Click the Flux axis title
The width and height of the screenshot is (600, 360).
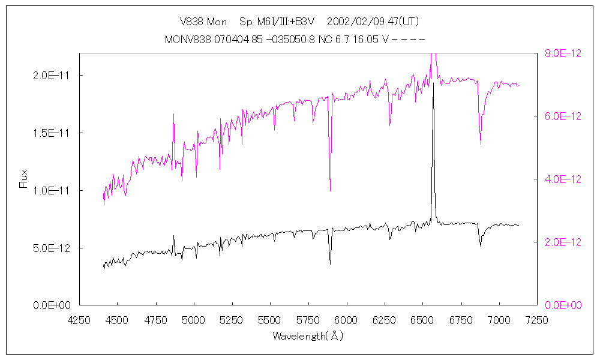pos(24,179)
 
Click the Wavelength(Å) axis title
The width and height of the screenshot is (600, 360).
pos(308,336)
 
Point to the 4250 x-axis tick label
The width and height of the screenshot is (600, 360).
pos(80,321)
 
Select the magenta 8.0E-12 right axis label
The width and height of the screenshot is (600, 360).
pos(563,53)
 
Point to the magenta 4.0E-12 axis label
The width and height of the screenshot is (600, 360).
pos(563,179)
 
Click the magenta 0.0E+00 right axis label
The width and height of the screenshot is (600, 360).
pos(563,305)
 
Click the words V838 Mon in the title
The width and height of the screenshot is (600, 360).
pos(203,22)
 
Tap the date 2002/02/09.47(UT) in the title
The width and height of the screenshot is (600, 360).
pos(373,22)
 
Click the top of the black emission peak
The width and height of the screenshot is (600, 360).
pos(433,84)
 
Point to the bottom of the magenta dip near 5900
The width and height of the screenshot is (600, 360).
pos(330,191)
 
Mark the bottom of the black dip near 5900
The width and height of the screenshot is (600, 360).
pos(330,263)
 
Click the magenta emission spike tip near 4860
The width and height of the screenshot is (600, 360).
pos(173,114)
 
